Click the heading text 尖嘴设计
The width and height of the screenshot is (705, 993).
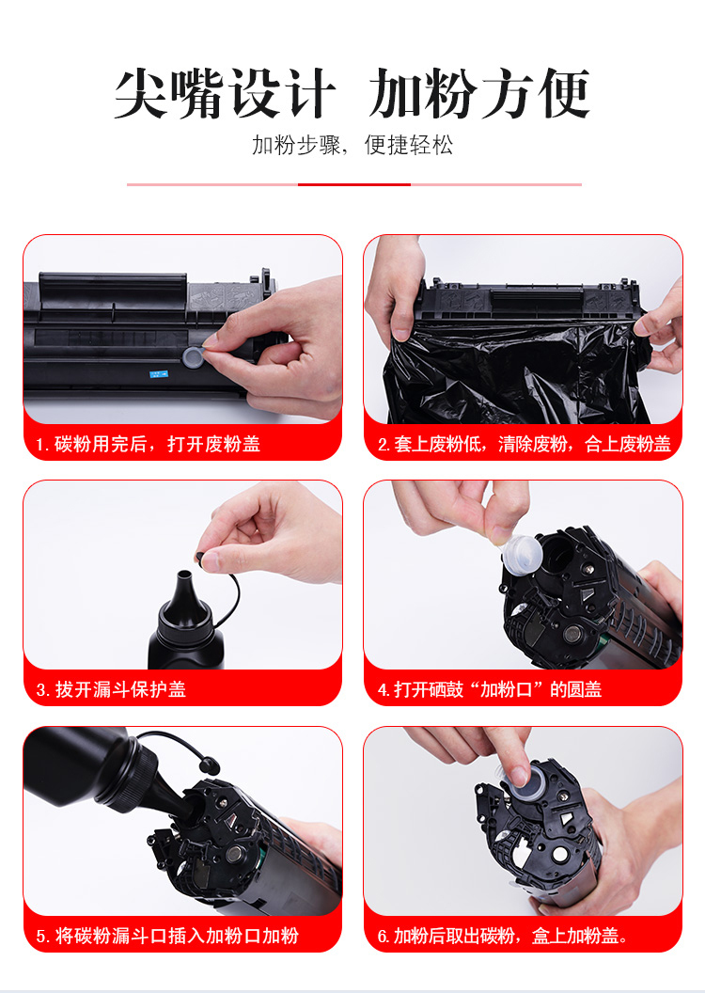[225, 94]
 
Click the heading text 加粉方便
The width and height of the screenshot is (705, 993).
[479, 94]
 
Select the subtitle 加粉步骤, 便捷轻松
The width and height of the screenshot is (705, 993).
[352, 145]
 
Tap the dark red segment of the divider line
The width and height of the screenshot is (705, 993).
[354, 184]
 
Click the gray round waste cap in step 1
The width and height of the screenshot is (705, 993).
[193, 356]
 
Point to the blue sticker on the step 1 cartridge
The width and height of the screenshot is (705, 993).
[158, 373]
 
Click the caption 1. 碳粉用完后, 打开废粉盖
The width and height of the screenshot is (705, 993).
[149, 444]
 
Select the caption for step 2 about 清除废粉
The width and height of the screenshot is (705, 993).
[524, 444]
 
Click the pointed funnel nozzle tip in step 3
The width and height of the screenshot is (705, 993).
[184, 575]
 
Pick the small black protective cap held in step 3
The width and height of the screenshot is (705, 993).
[201, 558]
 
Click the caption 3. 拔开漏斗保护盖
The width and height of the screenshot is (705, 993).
[111, 689]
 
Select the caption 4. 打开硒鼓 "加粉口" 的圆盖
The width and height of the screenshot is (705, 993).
[489, 689]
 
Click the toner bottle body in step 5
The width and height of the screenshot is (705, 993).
[76, 765]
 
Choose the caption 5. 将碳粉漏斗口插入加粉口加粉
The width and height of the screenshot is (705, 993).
[167, 936]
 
